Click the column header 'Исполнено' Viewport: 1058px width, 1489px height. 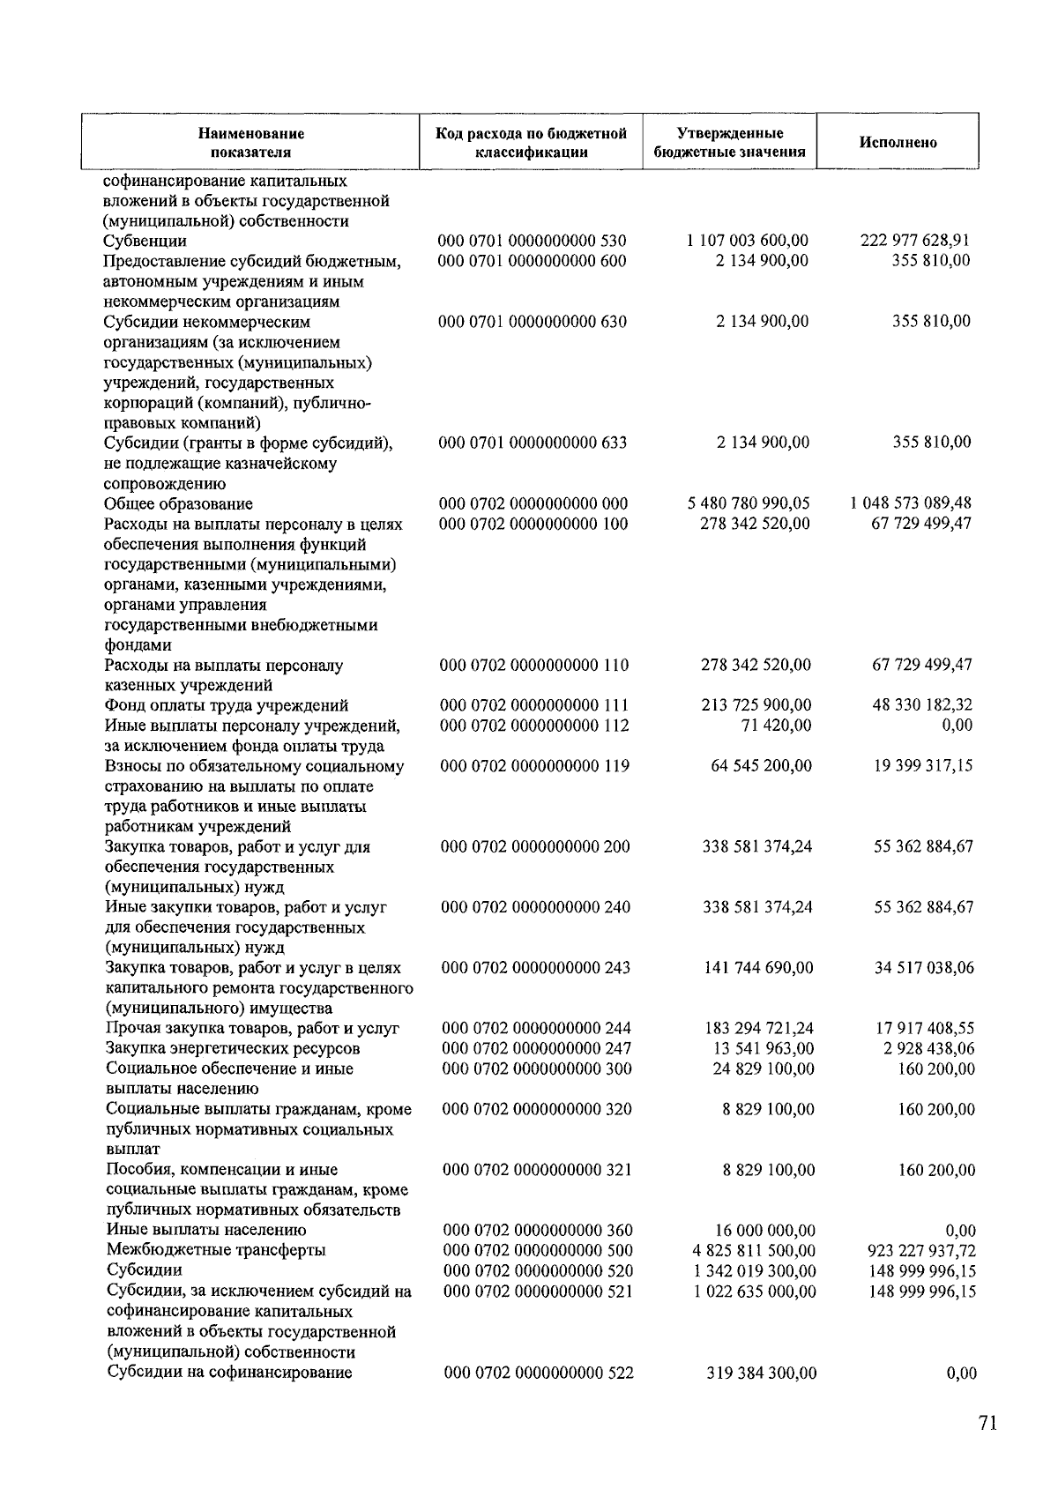(x=898, y=143)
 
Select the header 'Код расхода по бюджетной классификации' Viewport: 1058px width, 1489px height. (x=531, y=143)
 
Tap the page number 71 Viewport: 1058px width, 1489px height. (x=987, y=1423)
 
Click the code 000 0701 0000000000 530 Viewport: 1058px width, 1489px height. (x=533, y=241)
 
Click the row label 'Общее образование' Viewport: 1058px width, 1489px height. (x=178, y=504)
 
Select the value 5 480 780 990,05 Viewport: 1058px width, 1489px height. (x=748, y=503)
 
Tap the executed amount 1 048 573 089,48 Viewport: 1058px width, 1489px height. (x=911, y=503)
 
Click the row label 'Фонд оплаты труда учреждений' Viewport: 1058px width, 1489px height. (x=227, y=705)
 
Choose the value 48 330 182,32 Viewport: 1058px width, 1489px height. (x=922, y=705)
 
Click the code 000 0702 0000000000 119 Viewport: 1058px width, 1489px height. (x=535, y=766)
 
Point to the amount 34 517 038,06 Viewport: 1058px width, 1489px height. (x=924, y=968)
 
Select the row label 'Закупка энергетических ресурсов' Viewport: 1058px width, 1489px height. (x=233, y=1049)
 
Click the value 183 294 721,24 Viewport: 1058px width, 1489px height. (x=758, y=1029)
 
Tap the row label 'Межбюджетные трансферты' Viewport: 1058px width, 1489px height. (x=216, y=1250)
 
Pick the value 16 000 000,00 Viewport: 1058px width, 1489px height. (x=764, y=1231)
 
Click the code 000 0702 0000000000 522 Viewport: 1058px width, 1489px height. (x=539, y=1373)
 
